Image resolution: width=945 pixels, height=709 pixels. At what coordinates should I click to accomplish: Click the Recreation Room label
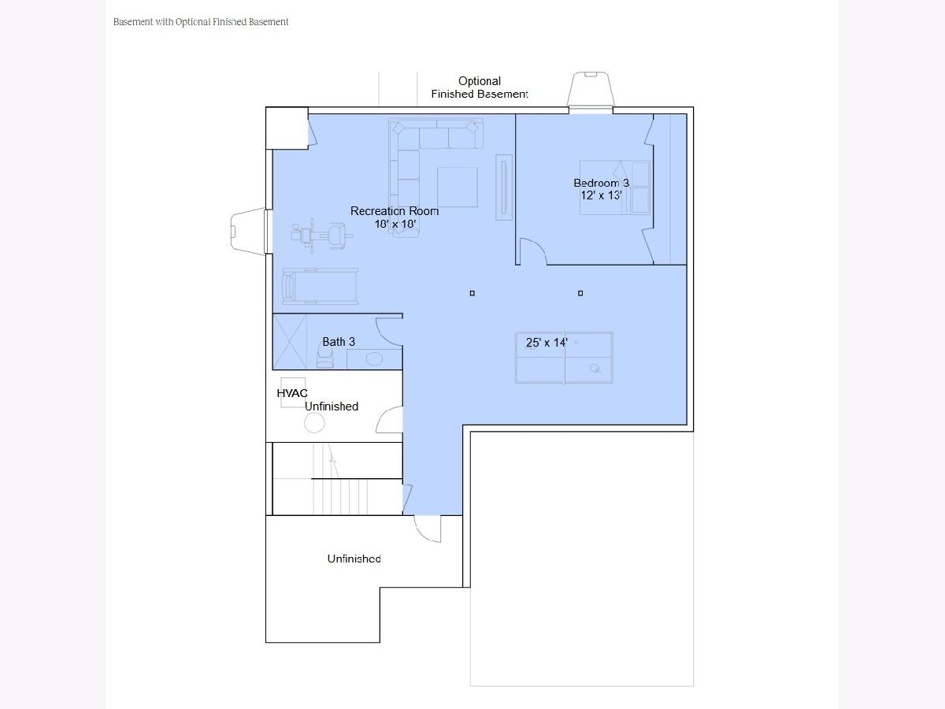395,211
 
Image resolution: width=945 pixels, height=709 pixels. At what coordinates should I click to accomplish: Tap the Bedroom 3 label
601,183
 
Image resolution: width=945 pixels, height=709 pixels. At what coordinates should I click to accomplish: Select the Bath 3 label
339,342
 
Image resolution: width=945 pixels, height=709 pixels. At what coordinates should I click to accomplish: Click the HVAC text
292,393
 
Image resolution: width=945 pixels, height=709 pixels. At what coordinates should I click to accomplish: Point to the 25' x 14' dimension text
547,343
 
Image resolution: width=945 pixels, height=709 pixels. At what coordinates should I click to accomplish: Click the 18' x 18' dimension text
395,224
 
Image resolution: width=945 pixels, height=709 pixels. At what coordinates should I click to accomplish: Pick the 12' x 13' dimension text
601,195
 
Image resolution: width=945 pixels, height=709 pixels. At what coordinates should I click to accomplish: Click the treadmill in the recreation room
320,286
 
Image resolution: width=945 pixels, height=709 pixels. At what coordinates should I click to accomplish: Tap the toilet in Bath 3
325,358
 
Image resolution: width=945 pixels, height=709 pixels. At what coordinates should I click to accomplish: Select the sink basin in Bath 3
374,358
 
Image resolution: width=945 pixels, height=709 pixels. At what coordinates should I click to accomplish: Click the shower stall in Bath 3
290,342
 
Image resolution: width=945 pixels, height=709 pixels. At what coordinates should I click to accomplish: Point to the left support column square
472,293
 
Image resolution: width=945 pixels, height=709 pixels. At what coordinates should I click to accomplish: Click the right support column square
580,293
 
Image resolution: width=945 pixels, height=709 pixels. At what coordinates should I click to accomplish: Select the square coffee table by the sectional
458,187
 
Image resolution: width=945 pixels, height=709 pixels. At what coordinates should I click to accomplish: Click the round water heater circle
314,423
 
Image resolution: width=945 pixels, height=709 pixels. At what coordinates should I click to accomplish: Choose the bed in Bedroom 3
615,187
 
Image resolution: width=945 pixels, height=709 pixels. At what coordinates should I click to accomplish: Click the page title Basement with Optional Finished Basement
201,22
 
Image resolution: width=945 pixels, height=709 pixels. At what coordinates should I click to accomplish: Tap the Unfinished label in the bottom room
354,559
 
